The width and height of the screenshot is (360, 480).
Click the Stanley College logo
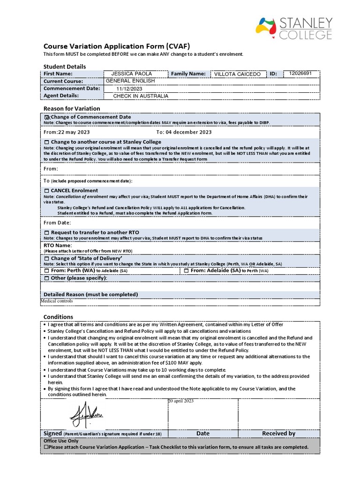pyautogui.click(x=294, y=28)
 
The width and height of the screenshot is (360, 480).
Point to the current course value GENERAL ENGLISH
pyautogui.click(x=130, y=81)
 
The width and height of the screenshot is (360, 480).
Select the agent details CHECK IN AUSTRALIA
pyautogui.click(x=141, y=96)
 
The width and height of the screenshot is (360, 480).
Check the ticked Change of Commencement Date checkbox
pyautogui.click(x=47, y=117)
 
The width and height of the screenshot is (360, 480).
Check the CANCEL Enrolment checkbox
pyautogui.click(x=46, y=191)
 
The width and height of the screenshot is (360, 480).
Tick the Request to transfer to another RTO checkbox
pyautogui.click(x=46, y=232)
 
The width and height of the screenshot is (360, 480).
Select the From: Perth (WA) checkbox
pyautogui.click(x=46, y=271)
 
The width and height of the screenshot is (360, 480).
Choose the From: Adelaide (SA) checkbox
pyautogui.click(x=186, y=271)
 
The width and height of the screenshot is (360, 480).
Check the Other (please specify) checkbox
pyautogui.click(x=46, y=278)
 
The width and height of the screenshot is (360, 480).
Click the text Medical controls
pyautogui.click(x=57, y=301)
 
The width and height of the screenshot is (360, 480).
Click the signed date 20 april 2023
pyautogui.click(x=180, y=401)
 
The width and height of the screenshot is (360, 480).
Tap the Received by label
pyautogui.click(x=278, y=434)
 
